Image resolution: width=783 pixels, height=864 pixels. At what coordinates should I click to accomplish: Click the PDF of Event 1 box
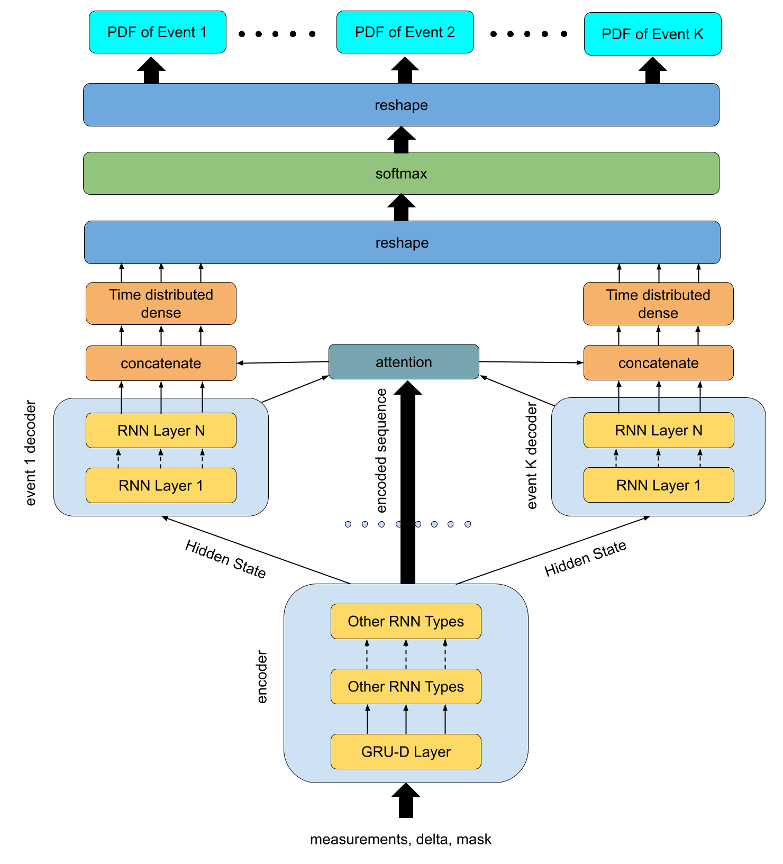(157, 32)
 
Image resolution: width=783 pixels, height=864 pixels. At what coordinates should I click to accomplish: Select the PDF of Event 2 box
(405, 32)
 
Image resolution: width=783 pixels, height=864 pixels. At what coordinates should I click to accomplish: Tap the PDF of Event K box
(652, 34)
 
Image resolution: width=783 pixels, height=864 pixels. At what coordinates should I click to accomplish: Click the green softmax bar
(401, 174)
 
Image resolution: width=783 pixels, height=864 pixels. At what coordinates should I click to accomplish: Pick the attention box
(404, 362)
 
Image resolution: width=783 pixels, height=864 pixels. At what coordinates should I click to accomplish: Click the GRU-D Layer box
(406, 751)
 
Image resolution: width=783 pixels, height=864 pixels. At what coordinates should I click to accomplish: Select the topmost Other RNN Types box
(406, 621)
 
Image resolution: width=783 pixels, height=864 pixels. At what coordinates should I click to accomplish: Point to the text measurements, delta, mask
(400, 839)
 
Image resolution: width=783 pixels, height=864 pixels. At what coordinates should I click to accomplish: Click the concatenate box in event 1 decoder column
(161, 363)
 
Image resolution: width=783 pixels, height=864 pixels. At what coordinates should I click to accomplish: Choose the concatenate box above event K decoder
(658, 363)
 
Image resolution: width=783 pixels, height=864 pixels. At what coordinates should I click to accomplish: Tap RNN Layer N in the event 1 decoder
(161, 431)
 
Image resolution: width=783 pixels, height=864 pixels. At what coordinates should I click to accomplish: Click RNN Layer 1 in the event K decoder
(658, 485)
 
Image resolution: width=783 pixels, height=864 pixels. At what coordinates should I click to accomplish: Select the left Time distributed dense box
(161, 304)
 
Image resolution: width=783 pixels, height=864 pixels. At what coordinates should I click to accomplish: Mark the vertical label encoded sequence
(381, 451)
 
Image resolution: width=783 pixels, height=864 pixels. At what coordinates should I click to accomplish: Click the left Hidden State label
(225, 560)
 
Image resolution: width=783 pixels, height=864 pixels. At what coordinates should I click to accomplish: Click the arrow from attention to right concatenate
(531, 362)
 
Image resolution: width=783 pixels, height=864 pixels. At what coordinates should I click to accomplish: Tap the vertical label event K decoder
(532, 456)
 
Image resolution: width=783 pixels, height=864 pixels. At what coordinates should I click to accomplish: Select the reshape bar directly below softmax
(402, 242)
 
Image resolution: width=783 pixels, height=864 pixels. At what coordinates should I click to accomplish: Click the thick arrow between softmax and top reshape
(401, 140)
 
